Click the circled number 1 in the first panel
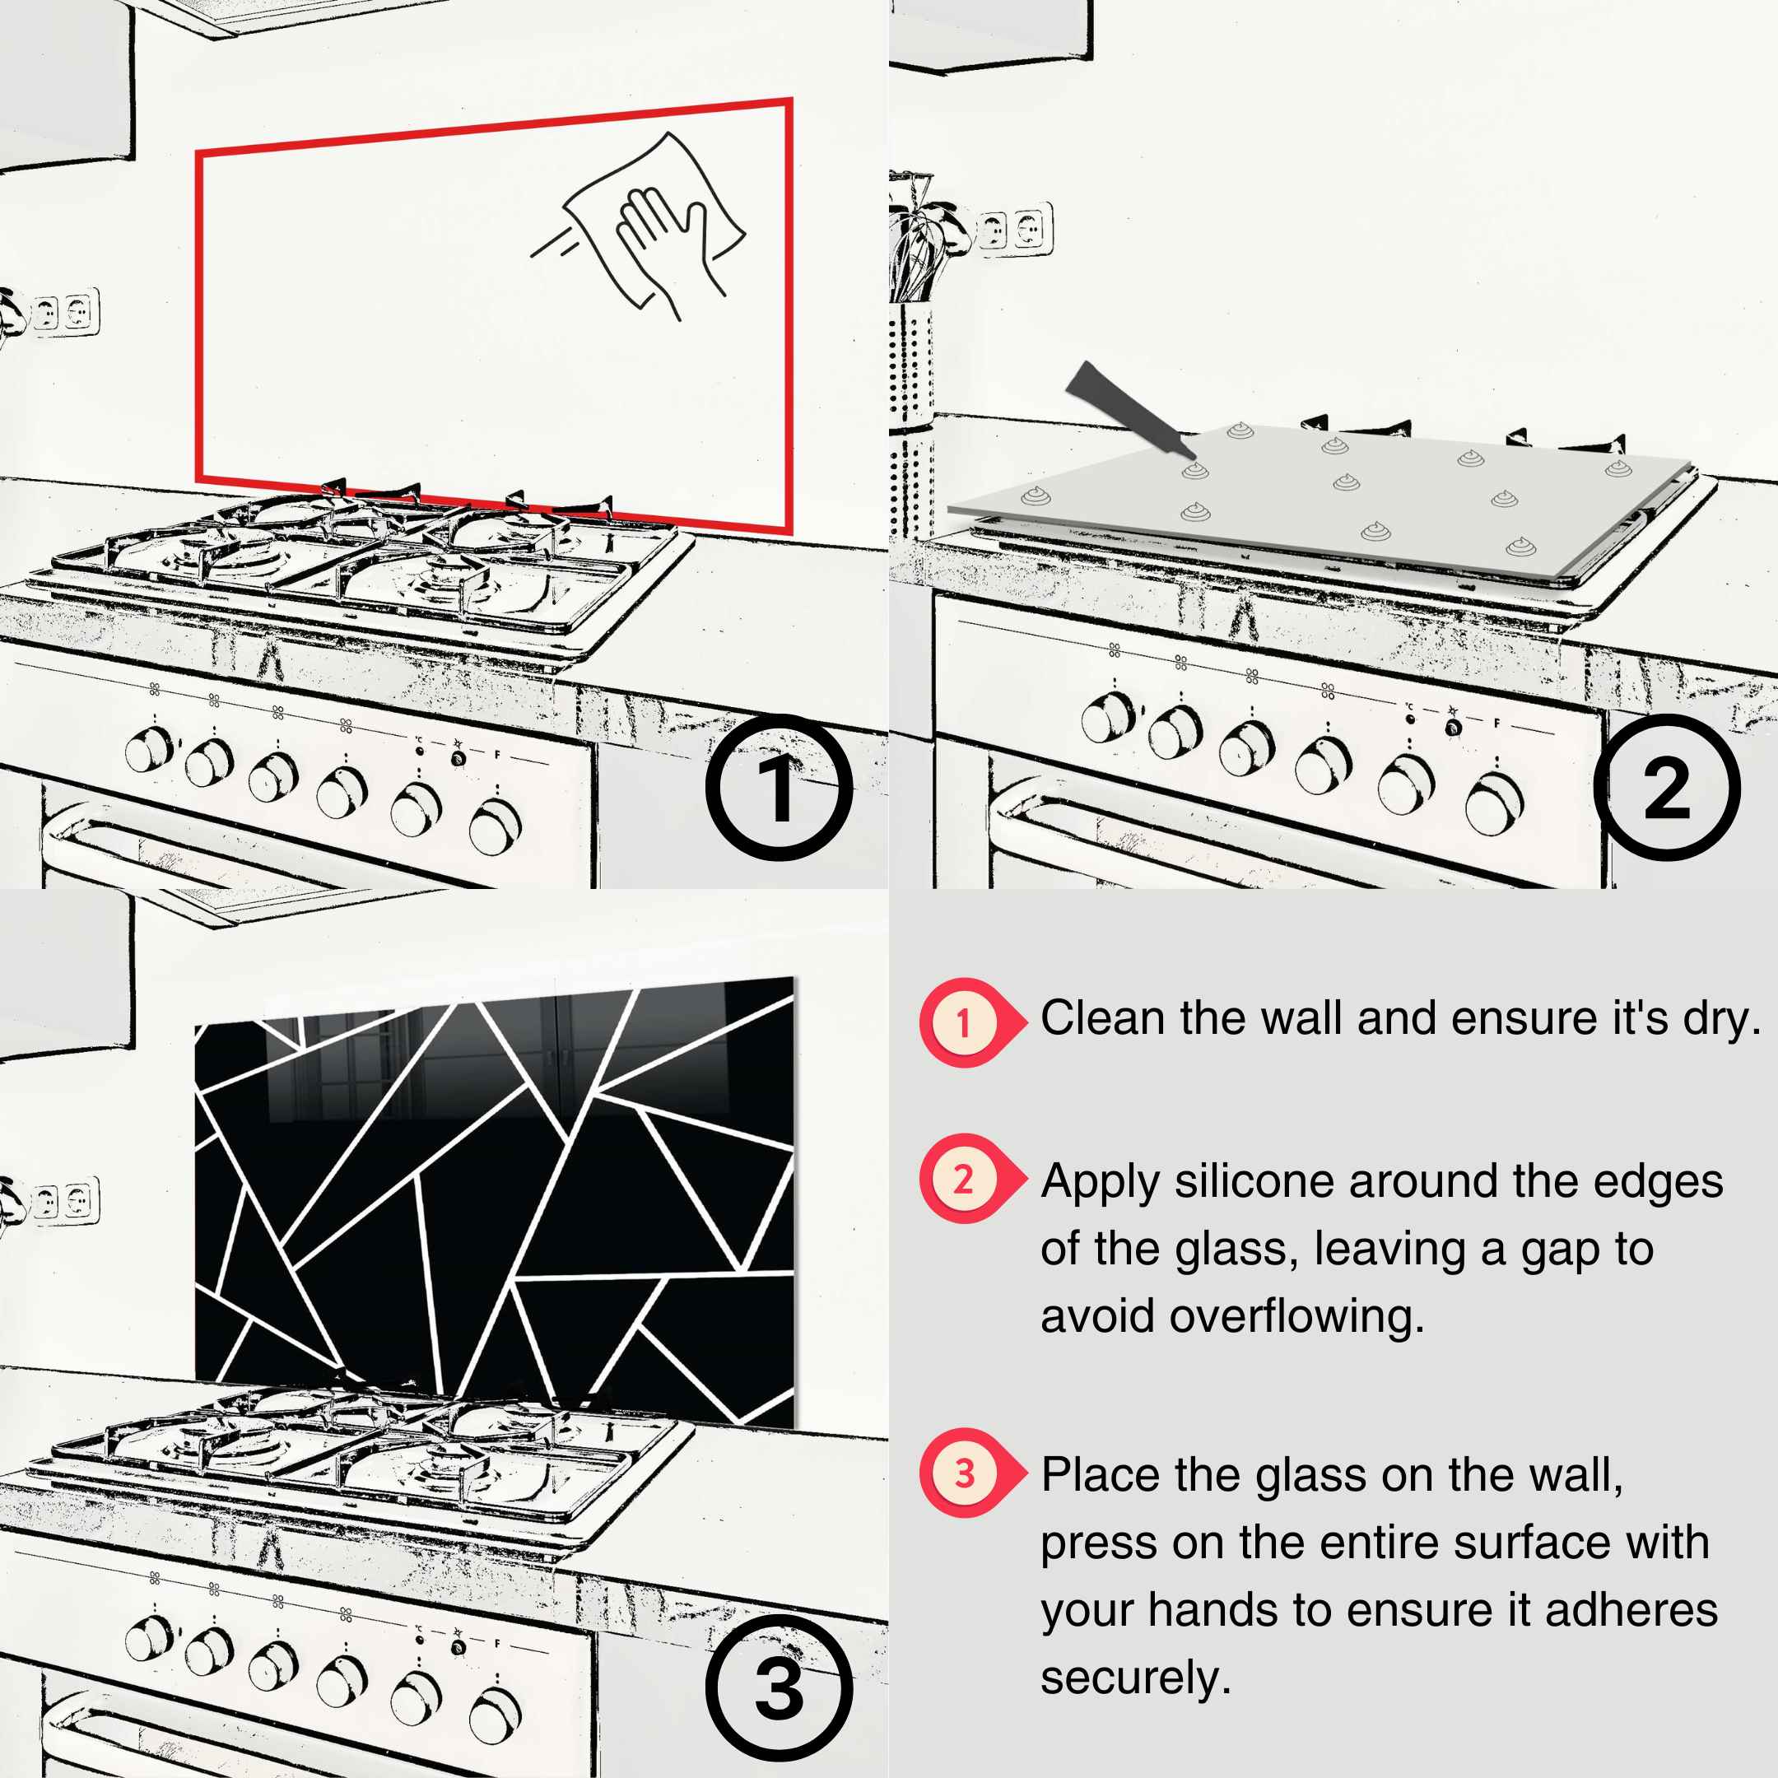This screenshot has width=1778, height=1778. [x=779, y=788]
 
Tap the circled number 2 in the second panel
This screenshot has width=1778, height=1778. [x=1666, y=788]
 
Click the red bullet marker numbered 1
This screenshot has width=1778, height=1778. [x=965, y=1022]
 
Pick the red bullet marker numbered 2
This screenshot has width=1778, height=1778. [x=965, y=1179]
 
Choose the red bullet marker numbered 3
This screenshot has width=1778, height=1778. [x=965, y=1473]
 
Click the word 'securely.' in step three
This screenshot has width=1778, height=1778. [x=1136, y=1677]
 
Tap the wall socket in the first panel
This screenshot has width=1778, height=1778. [x=64, y=313]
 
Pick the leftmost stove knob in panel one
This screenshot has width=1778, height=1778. [x=149, y=749]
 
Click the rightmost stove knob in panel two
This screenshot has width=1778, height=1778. [x=1494, y=803]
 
